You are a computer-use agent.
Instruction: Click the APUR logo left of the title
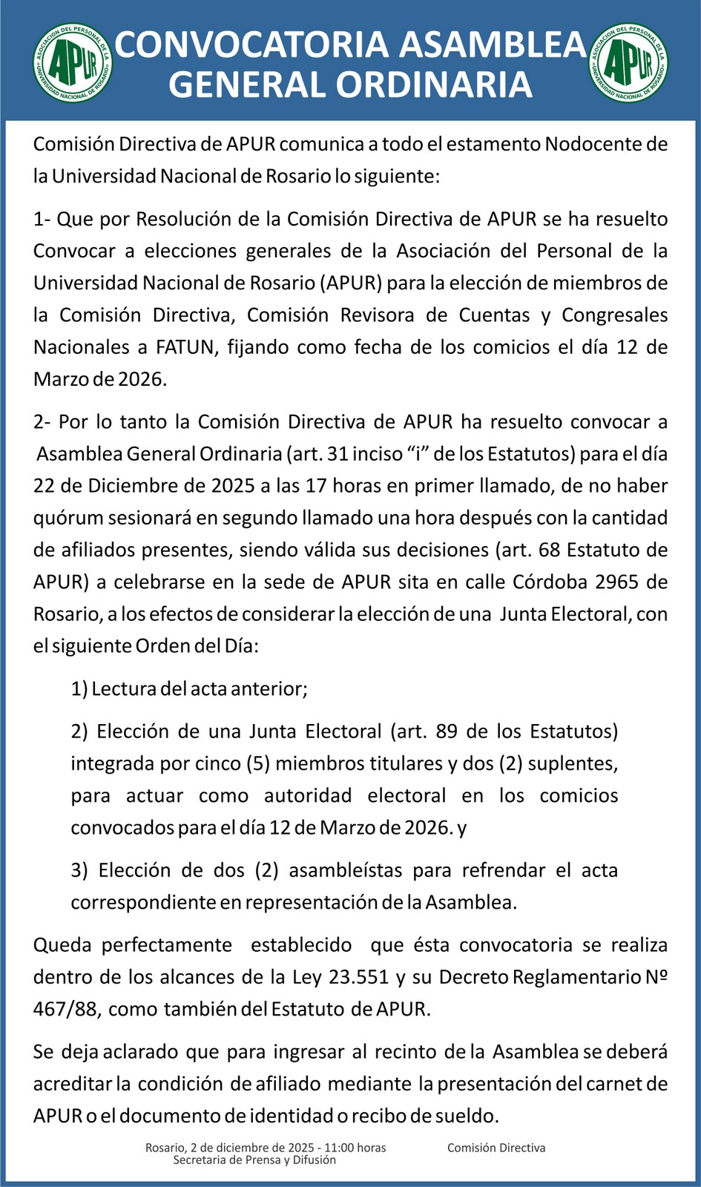pyautogui.click(x=72, y=62)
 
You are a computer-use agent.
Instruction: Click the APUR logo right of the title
pyautogui.click(x=629, y=62)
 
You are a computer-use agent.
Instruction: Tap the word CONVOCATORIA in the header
pyautogui.click(x=251, y=45)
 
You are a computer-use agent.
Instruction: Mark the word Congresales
pyautogui.click(x=614, y=315)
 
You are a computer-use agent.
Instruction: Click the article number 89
pyautogui.click(x=447, y=731)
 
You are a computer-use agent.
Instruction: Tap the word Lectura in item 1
pyautogui.click(x=123, y=689)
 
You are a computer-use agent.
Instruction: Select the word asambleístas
pyautogui.click(x=346, y=870)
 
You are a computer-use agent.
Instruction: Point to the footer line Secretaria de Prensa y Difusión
pyautogui.click(x=254, y=1160)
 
